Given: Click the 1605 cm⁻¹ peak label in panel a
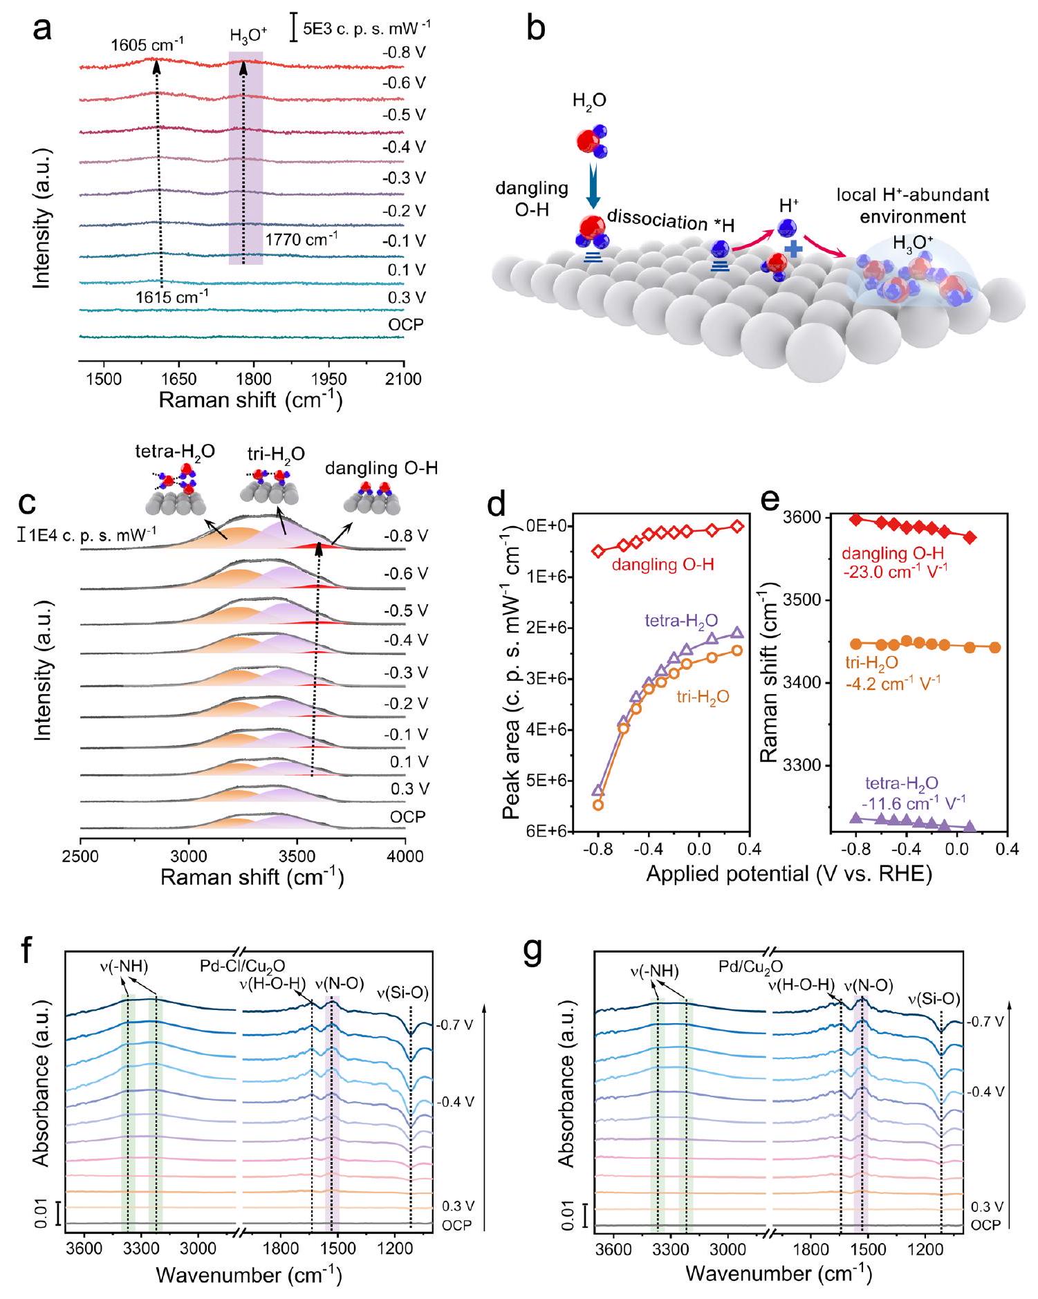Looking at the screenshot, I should click(147, 45).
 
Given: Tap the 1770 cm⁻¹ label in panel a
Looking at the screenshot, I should click(301, 239).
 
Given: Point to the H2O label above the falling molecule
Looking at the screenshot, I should click(589, 101).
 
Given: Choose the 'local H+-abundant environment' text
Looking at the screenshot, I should click(913, 205).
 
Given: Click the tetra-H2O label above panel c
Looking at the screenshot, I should click(175, 453).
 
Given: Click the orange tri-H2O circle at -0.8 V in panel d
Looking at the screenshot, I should click(598, 805).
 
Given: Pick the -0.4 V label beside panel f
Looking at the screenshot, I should click(455, 1101).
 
